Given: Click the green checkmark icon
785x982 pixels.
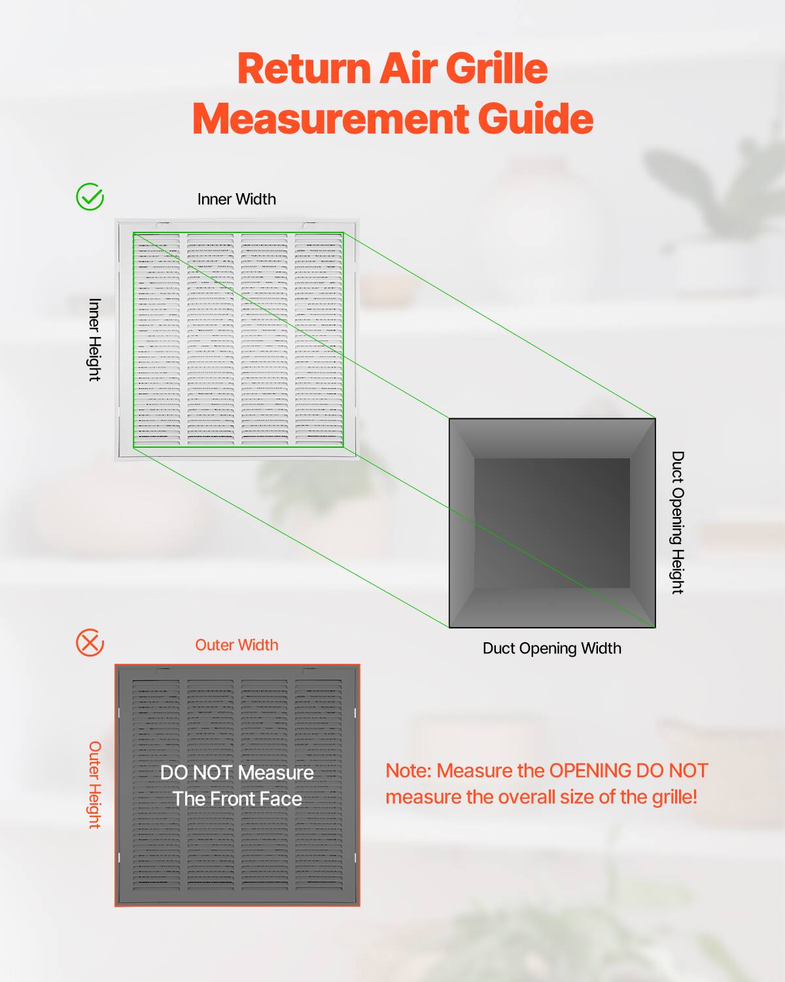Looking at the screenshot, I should coord(90,196).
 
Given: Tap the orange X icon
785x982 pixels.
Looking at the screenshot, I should coord(90,643).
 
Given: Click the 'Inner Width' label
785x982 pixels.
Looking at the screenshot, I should coord(236,199).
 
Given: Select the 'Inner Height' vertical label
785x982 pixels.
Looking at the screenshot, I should coord(95,340).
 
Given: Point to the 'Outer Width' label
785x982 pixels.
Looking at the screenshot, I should coord(236,645).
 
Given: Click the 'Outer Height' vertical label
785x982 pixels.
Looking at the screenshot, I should coord(95,785).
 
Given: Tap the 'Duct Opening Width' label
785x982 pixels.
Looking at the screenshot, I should coord(551,648).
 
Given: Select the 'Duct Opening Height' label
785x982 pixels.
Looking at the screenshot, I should coord(678,522).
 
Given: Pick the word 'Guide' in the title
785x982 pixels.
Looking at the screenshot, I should coord(535,118).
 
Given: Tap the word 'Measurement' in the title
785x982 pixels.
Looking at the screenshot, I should coord(330,118).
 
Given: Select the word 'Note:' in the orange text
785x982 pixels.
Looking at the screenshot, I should coord(408,771).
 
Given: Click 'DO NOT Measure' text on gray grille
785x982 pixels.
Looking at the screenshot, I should coord(237,773).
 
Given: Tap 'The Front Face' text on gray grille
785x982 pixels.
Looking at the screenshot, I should coord(237,799).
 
